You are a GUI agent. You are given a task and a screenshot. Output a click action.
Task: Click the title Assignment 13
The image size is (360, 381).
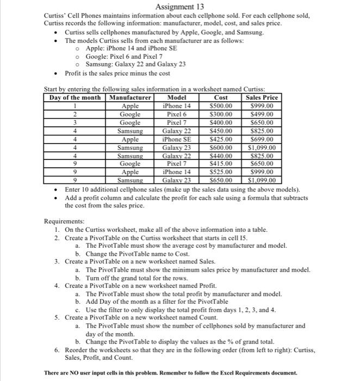coord(179,7)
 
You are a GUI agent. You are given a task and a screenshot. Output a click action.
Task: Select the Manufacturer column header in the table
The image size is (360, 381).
coord(131,97)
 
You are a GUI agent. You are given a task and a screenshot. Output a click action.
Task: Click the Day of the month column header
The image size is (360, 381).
coord(75,97)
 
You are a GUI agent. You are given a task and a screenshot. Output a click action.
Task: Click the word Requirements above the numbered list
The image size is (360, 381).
coord(64,222)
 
